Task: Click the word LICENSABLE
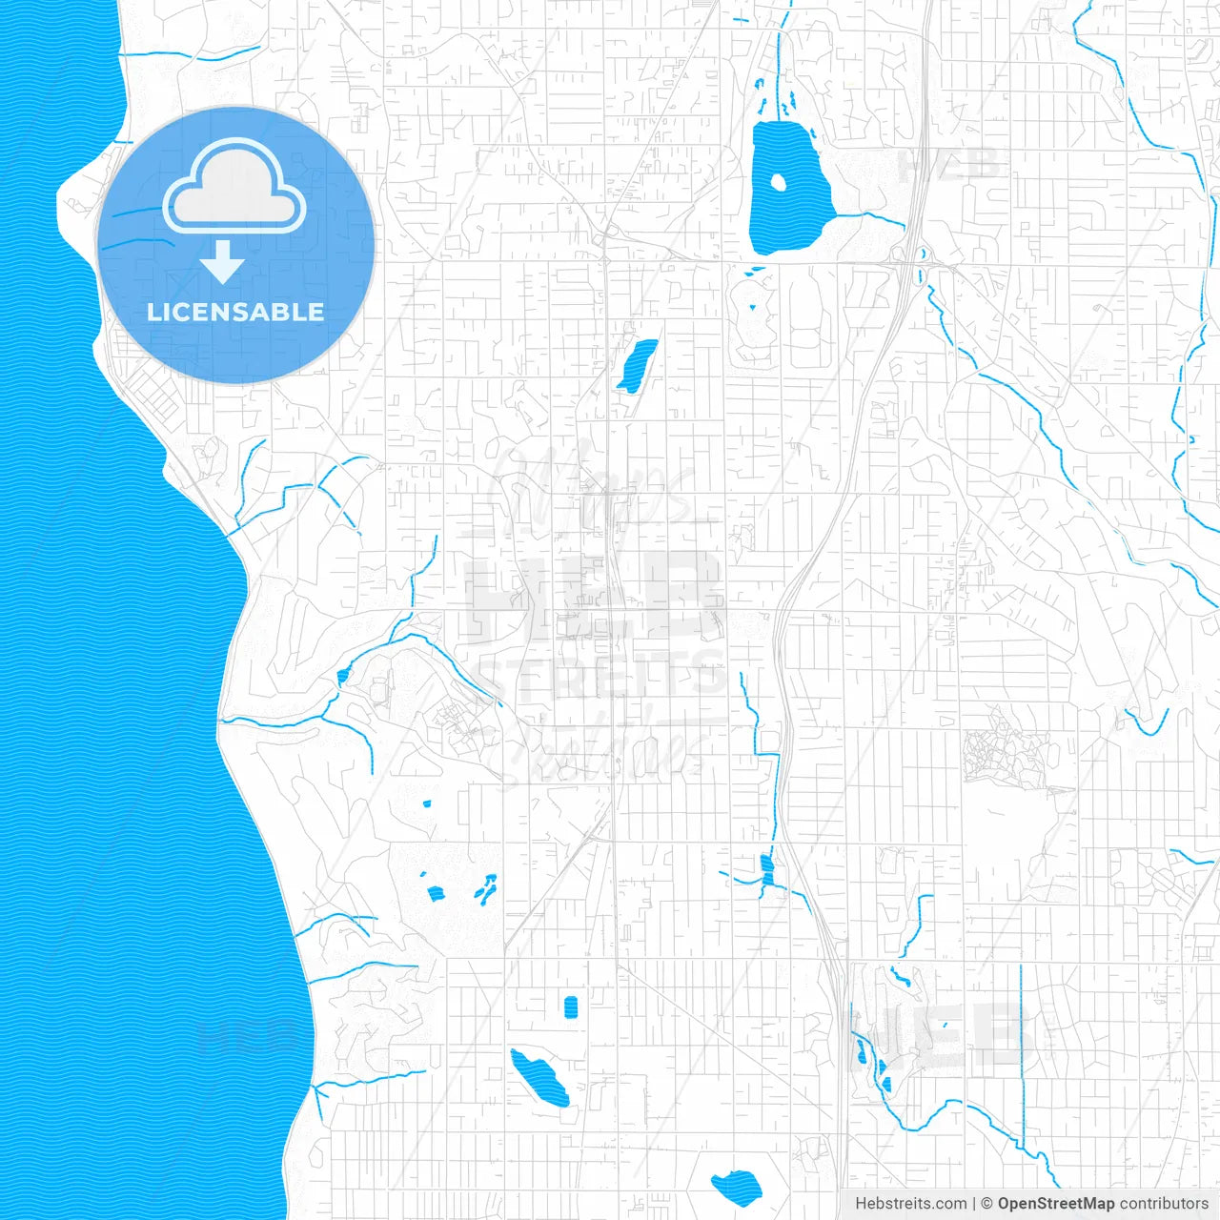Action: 235,312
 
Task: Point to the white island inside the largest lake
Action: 777,182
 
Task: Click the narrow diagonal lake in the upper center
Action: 637,365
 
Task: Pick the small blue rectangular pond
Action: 571,1007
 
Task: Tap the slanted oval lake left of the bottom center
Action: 539,1078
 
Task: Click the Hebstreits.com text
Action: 911,1204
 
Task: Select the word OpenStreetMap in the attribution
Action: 1056,1204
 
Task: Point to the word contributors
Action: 1164,1204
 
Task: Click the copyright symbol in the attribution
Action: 987,1204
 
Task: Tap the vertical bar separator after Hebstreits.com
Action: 974,1204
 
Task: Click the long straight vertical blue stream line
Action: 1021,1048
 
